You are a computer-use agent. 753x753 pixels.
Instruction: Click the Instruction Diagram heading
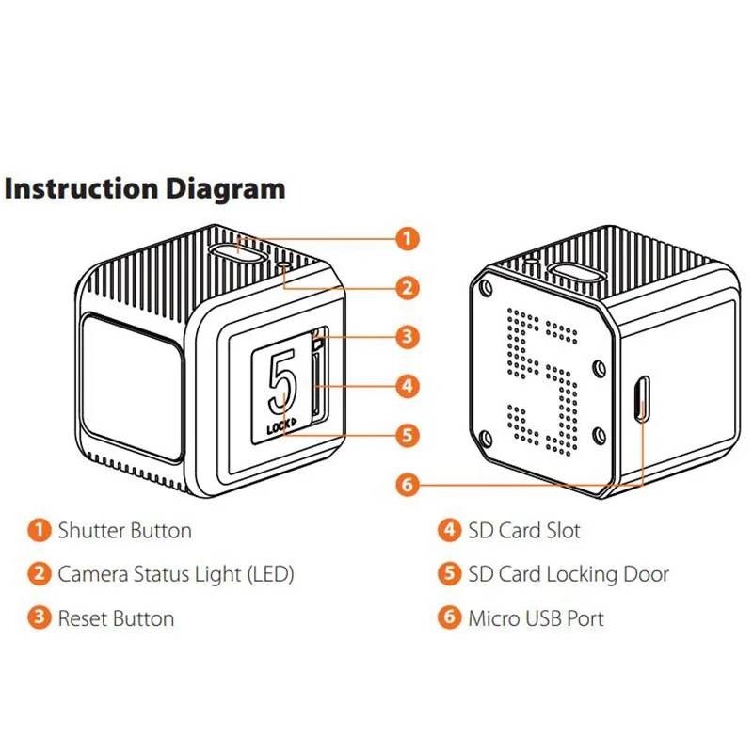click(144, 188)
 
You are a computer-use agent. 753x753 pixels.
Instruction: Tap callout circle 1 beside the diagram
click(406, 238)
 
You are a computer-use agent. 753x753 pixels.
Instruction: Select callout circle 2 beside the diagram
click(406, 287)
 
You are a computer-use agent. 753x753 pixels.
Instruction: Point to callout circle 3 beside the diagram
click(406, 336)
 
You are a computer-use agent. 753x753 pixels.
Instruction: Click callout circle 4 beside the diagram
click(406, 385)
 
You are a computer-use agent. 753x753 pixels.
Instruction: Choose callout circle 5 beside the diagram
click(406, 435)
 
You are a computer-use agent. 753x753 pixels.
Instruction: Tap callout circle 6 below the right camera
click(406, 485)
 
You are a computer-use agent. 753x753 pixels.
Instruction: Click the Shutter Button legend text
click(124, 531)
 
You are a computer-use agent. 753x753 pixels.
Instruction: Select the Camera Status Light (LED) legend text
click(176, 574)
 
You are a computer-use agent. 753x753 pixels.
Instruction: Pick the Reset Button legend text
click(116, 618)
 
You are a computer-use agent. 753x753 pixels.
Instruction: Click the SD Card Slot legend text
click(524, 531)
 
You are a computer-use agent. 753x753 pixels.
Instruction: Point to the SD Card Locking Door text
click(569, 574)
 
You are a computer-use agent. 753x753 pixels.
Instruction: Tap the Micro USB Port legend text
click(536, 618)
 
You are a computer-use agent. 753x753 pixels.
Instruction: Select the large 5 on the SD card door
click(280, 382)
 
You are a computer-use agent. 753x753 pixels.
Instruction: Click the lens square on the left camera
click(131, 387)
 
